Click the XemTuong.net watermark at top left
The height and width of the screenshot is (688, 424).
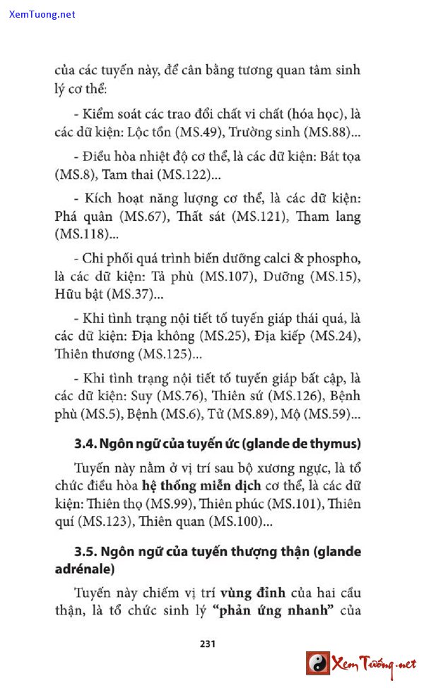pyautogui.click(x=42, y=14)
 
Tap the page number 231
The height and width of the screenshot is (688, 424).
pyautogui.click(x=207, y=643)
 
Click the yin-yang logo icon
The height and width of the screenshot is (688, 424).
pyautogui.click(x=317, y=663)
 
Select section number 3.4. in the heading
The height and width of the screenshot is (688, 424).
pyautogui.click(x=85, y=444)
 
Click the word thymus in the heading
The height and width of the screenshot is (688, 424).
pyautogui.click(x=335, y=444)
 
